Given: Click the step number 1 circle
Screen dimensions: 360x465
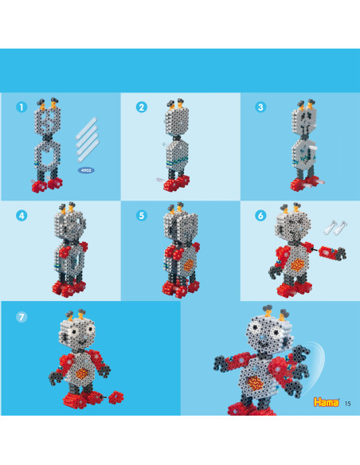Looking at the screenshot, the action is tap(22, 107).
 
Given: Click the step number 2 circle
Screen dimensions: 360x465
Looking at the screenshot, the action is tap(142, 107).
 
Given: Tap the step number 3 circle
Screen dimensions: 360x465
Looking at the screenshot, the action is tap(260, 107).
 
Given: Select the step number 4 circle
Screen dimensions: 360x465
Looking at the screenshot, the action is tap(22, 216).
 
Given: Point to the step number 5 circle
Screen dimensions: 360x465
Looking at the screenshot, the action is tap(142, 216).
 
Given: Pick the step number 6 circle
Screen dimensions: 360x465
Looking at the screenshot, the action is tap(260, 216).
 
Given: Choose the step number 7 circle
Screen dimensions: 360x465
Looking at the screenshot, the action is tap(22, 318).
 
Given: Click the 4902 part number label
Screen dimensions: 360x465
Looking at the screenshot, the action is tap(86, 170).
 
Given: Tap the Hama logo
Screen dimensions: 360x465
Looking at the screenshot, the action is tap(327, 402).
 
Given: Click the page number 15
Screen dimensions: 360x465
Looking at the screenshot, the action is tap(348, 404).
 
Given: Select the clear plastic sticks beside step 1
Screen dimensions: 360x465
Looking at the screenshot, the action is tap(87, 140).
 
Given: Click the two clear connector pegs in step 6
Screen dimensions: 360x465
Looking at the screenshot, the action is tap(336, 227).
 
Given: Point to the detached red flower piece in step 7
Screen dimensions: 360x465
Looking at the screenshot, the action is tap(116, 397).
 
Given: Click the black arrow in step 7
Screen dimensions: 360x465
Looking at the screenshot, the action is tap(104, 397).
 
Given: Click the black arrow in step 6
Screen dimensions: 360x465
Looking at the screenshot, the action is tap(314, 250).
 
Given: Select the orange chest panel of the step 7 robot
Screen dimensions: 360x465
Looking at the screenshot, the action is tap(82, 373).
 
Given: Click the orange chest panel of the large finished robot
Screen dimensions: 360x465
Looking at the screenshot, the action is tap(255, 383).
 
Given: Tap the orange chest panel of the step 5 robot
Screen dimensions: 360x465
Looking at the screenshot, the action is tap(189, 265).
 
